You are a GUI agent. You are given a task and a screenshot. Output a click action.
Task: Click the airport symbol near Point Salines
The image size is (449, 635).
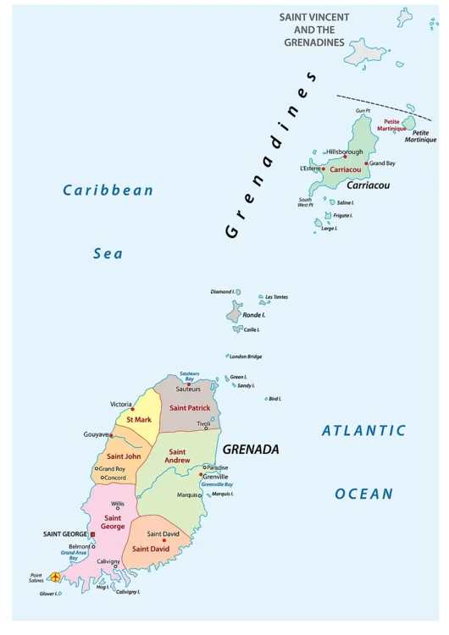tap(56, 577)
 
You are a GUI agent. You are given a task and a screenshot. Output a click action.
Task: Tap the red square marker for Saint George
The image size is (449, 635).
tap(92, 535)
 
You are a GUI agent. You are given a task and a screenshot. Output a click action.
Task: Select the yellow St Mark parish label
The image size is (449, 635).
tap(139, 419)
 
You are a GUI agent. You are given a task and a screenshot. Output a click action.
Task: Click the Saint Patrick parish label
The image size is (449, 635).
tap(190, 407)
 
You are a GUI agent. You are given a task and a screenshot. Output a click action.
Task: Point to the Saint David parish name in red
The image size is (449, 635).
tap(150, 549)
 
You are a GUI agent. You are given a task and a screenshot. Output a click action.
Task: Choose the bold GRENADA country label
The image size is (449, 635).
tap(251, 450)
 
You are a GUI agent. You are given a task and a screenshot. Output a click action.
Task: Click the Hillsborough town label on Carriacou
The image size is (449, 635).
tap(344, 152)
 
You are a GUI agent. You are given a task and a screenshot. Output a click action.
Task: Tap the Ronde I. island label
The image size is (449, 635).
tap(254, 315)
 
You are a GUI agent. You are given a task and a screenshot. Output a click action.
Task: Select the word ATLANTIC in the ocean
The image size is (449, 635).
tap(363, 431)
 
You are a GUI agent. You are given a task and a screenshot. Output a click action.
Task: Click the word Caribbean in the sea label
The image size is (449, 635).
tap(108, 190)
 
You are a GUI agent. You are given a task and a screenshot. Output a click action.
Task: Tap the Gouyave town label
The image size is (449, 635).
tap(96, 434)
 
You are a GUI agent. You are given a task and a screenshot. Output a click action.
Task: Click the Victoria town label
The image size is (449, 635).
tap(121, 405)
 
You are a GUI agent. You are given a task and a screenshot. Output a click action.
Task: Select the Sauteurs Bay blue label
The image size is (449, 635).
tap(194, 376)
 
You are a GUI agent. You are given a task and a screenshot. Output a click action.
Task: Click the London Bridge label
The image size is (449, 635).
tap(246, 356)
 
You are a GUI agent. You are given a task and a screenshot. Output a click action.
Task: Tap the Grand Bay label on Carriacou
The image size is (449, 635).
tap(383, 163)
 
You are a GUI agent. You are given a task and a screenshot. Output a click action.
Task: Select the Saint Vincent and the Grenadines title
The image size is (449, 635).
tap(314, 29)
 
